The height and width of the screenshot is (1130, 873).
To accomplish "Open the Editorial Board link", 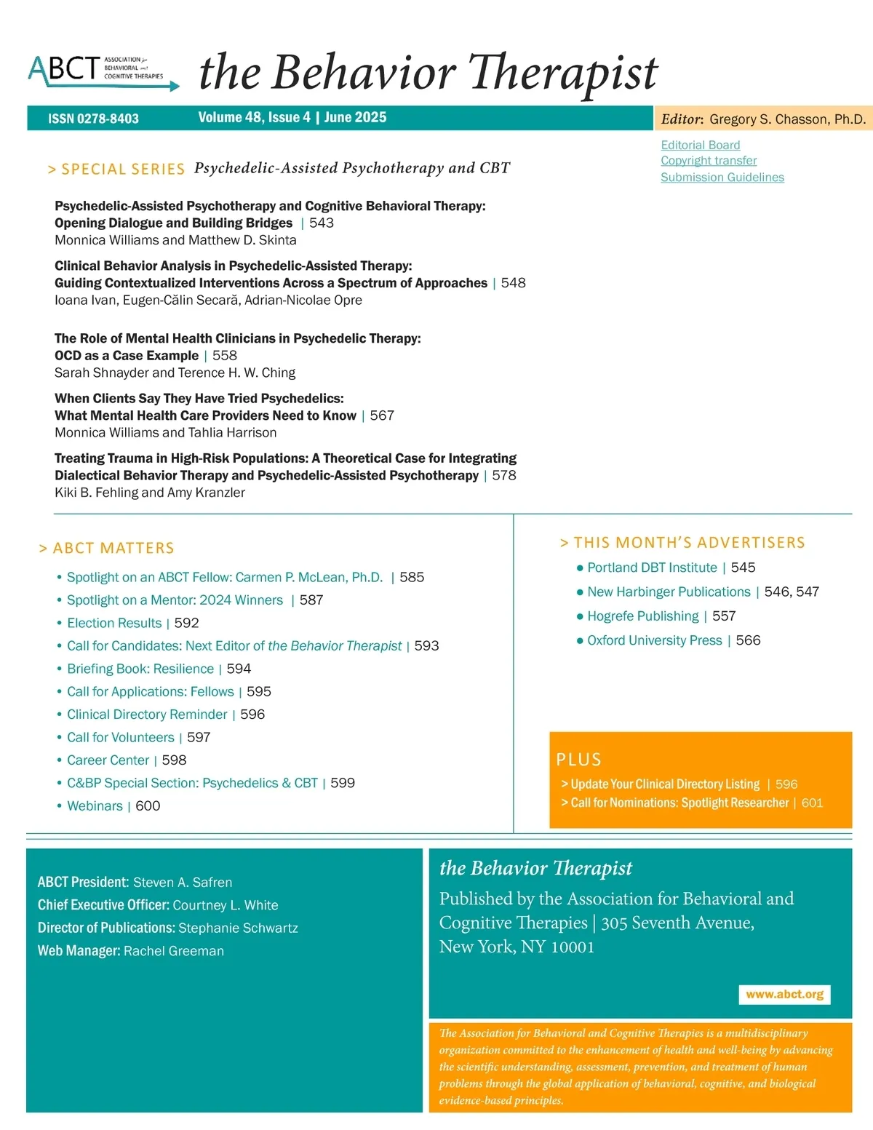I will (x=700, y=145).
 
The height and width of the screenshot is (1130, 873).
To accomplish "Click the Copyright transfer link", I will (x=709, y=161).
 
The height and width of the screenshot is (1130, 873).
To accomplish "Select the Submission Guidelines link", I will (x=722, y=177).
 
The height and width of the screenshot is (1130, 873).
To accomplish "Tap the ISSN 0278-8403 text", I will (x=93, y=119).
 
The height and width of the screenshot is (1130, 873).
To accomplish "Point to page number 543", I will (x=322, y=223).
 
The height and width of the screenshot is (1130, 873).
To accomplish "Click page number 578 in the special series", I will (x=504, y=475).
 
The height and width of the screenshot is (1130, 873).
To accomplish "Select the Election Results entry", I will (x=114, y=623).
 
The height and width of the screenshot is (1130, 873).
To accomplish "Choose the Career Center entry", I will (x=108, y=760).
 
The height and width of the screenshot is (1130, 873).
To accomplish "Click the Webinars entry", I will (x=95, y=805).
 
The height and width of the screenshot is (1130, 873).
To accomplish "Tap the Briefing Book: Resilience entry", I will (x=140, y=669).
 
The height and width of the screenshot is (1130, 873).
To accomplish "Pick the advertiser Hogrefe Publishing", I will (x=642, y=616).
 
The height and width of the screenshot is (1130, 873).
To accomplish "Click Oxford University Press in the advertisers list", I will (x=654, y=640).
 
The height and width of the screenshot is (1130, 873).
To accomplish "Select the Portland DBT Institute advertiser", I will (x=652, y=568).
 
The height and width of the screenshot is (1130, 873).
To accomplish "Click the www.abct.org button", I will (x=784, y=994).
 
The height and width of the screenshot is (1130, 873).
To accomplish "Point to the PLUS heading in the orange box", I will (x=579, y=760).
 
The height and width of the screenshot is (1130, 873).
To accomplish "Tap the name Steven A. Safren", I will (x=183, y=883).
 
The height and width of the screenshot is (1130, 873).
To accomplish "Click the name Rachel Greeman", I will (x=174, y=951).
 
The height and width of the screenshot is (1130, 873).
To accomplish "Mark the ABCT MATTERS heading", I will (x=113, y=548).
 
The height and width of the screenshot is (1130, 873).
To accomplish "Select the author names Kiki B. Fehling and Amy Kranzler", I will (x=150, y=493).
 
